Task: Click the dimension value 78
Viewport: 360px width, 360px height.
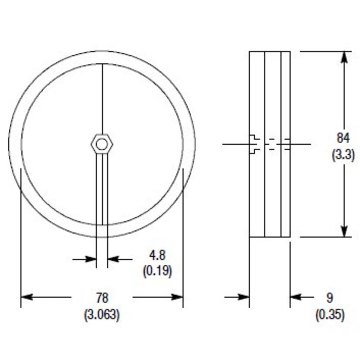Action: (x=102, y=298)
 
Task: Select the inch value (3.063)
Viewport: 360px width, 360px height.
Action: (x=102, y=315)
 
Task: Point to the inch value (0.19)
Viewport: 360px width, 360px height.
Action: (x=157, y=271)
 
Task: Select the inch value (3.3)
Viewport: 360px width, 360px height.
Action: (x=343, y=154)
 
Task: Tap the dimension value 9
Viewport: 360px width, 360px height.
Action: (x=329, y=298)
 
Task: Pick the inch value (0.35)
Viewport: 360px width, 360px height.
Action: (x=329, y=315)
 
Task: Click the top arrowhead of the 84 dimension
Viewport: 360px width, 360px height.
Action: (x=344, y=58)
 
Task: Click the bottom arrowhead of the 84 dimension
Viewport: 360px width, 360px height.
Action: (x=344, y=231)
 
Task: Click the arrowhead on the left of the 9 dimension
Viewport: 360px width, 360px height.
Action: (x=244, y=297)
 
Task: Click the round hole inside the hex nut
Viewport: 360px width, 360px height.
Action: (x=102, y=144)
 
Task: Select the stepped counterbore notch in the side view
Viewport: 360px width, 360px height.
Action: (x=255, y=144)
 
